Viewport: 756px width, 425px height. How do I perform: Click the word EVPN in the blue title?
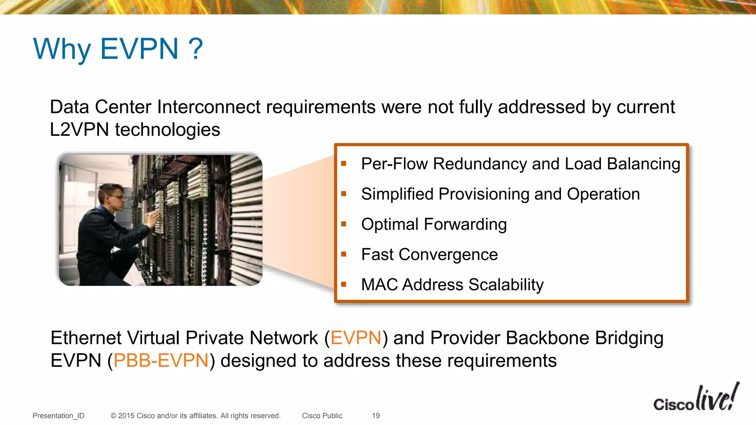(140, 49)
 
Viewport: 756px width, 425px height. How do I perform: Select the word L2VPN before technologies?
(79, 130)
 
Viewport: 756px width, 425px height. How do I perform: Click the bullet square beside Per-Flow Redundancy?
(344, 163)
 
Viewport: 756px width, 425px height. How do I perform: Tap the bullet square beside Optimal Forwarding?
(344, 224)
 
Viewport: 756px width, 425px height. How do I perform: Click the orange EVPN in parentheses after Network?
(355, 338)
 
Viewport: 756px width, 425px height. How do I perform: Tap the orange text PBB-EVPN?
(161, 361)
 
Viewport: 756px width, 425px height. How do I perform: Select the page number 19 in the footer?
(376, 416)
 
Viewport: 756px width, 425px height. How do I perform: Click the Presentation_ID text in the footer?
(58, 416)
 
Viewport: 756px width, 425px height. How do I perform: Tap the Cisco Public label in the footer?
(322, 416)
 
